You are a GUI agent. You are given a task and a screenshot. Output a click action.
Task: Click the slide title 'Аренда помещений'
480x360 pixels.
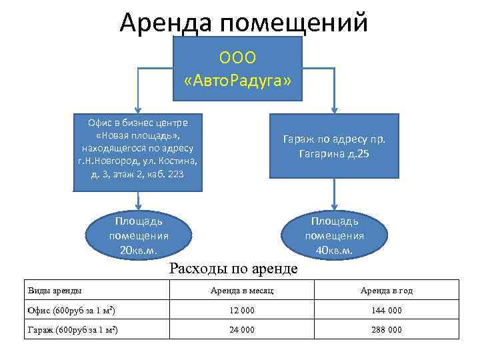click(x=243, y=21)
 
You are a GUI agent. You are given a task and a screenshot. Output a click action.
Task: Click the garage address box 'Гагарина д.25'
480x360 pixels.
click(x=334, y=146)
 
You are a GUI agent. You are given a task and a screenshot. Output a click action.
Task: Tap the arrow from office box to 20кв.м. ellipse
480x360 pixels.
click(x=139, y=201)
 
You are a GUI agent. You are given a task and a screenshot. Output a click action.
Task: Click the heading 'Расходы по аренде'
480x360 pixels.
click(x=233, y=269)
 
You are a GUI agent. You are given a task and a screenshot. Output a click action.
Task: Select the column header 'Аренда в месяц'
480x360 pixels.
click(x=241, y=291)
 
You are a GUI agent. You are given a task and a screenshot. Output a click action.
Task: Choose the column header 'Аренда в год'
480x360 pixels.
click(x=386, y=291)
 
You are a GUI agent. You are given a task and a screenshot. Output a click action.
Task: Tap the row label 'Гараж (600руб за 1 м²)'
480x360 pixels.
click(x=73, y=330)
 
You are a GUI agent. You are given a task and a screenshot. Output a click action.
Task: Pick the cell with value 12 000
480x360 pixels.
click(x=241, y=311)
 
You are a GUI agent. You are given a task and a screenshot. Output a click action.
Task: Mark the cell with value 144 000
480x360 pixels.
click(x=386, y=311)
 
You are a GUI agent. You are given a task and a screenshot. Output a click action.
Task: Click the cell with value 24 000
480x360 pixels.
click(x=241, y=330)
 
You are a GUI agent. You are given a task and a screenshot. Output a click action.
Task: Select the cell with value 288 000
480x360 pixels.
click(x=386, y=330)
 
